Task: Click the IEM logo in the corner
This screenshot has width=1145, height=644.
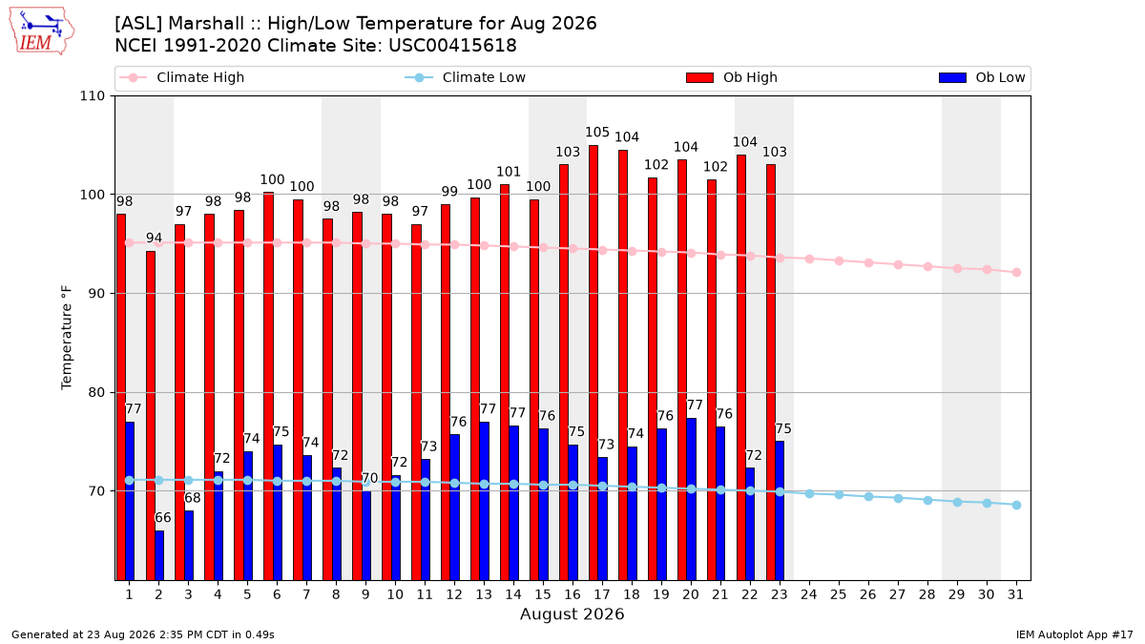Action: pyautogui.click(x=42, y=31)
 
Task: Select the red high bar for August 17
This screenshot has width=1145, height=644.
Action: pyautogui.click(x=593, y=363)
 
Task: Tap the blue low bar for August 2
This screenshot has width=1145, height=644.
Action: pyautogui.click(x=159, y=555)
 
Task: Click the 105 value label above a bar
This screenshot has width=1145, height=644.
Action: pyautogui.click(x=597, y=133)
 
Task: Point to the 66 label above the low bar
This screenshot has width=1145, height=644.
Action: pyautogui.click(x=163, y=518)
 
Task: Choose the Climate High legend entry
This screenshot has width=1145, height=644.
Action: pyautogui.click(x=182, y=77)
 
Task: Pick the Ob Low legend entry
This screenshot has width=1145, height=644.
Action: pyautogui.click(x=982, y=77)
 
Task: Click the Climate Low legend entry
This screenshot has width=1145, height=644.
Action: pyautogui.click(x=466, y=77)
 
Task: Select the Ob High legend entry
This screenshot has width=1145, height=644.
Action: pyautogui.click(x=732, y=77)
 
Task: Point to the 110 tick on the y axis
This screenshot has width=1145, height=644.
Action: pyautogui.click(x=92, y=96)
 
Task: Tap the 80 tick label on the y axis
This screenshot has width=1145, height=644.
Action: pyautogui.click(x=96, y=392)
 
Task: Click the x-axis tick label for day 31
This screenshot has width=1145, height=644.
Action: pyautogui.click(x=1015, y=594)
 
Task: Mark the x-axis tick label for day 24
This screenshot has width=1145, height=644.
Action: pyautogui.click(x=809, y=594)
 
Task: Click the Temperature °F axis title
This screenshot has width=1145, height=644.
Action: pyautogui.click(x=67, y=338)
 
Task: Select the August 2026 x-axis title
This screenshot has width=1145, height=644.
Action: pyautogui.click(x=572, y=613)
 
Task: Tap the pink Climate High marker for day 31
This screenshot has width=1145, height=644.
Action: pyautogui.click(x=1016, y=273)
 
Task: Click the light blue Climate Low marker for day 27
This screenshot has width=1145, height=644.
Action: pyautogui.click(x=898, y=498)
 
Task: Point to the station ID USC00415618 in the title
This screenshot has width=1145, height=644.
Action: pyautogui.click(x=452, y=46)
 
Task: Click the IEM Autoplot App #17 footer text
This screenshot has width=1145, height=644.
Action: pyautogui.click(x=1074, y=634)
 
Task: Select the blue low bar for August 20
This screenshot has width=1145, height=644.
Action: pyautogui.click(x=691, y=499)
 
